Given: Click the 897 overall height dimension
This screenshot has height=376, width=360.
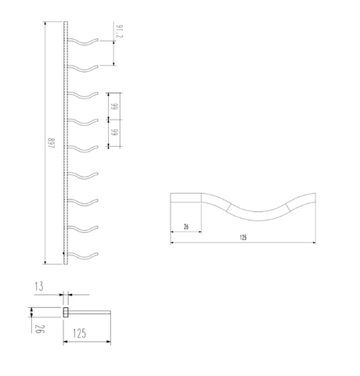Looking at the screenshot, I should tap(49, 145).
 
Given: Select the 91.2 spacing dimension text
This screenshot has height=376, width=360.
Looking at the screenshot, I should tap(119, 33).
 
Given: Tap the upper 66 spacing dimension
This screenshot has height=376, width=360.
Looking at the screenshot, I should tap(113, 107).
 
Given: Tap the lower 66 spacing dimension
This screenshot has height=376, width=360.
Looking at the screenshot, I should tap(113, 134).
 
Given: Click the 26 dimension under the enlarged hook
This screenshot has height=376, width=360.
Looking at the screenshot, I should tap(185, 227).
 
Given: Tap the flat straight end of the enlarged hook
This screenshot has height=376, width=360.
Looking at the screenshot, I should tap(186, 197).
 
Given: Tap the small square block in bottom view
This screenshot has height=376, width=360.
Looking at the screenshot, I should tap(66, 313).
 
